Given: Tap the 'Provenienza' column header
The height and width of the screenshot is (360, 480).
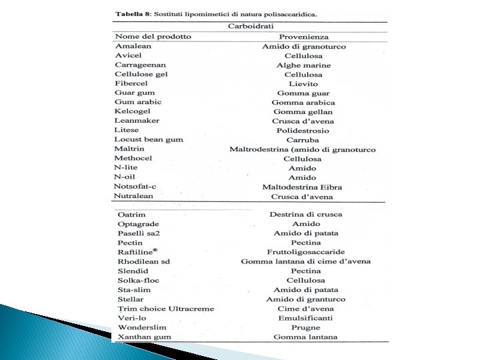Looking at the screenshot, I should (x=304, y=37).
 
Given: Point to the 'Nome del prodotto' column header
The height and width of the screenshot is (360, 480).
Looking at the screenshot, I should (x=153, y=37).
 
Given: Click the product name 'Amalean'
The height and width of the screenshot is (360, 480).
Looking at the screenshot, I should (x=133, y=46).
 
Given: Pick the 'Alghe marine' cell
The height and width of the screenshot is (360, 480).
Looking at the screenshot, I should (x=303, y=65).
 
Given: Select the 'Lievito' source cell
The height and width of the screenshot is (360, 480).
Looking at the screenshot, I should (x=303, y=84).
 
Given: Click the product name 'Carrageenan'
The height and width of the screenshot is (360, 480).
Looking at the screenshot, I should (x=141, y=65).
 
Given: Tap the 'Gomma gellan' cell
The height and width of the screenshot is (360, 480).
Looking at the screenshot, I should (x=303, y=112).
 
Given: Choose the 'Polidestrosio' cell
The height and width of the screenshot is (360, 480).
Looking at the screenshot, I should (x=303, y=131).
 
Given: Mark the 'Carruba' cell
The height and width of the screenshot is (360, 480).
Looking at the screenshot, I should (x=303, y=141).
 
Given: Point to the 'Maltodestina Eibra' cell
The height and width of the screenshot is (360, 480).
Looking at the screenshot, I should (x=303, y=187).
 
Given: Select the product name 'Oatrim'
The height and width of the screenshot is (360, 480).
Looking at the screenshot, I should (x=131, y=215).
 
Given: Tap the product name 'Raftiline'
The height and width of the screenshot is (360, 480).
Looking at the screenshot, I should (x=136, y=253).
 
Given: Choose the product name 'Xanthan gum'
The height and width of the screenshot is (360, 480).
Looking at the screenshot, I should (x=144, y=337).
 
